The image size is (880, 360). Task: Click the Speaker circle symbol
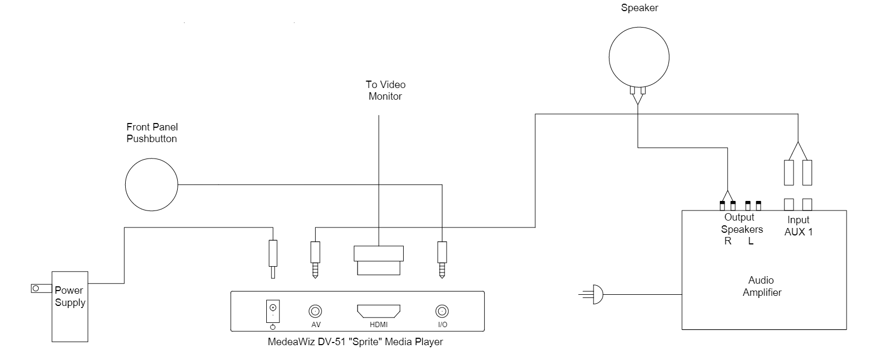(639, 57)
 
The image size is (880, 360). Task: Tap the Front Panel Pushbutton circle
(152, 185)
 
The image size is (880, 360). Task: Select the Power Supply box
(69, 306)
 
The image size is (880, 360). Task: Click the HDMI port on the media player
(379, 311)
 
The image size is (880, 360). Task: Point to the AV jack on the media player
(316, 311)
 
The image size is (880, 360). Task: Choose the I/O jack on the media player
(441, 311)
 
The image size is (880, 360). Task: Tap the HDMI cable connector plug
(379, 260)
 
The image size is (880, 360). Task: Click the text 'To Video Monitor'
(385, 90)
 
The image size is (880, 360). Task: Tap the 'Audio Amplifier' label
(761, 286)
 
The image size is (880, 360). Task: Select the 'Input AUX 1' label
(798, 226)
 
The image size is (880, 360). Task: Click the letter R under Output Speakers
(728, 241)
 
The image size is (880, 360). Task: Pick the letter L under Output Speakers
(751, 241)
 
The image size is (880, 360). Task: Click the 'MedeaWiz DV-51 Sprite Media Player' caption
(355, 342)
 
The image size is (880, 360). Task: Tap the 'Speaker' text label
(639, 8)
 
